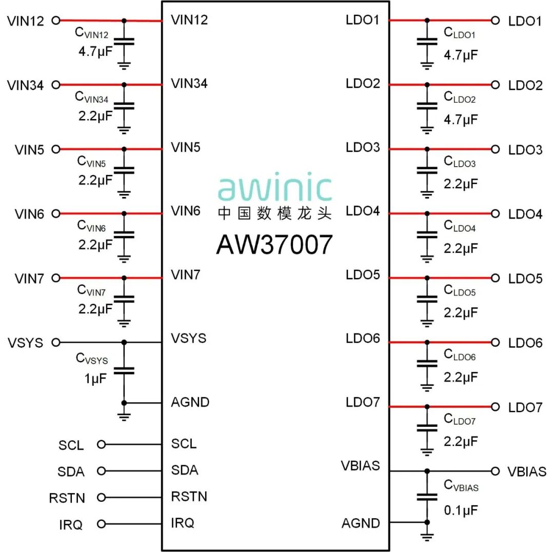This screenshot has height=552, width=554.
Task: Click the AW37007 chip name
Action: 274,245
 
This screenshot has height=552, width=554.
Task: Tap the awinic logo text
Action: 275,188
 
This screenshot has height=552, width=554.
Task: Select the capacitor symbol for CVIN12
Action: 124,41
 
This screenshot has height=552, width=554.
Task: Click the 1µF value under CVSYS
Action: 96,380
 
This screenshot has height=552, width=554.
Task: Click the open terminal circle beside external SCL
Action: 101,444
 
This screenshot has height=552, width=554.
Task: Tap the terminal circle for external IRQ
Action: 101,524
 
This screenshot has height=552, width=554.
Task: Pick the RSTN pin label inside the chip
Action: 189,497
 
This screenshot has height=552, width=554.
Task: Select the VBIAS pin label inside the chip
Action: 361,466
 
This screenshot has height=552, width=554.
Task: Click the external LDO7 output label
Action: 525,408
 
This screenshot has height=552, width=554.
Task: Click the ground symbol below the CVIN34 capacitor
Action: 124,129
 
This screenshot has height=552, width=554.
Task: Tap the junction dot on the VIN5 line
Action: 124,149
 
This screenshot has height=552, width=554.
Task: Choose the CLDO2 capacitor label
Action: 460,97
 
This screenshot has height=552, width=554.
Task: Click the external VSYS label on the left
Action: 25,343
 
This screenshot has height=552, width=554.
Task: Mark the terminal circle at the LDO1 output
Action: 495,21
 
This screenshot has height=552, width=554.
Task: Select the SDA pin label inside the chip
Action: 185,470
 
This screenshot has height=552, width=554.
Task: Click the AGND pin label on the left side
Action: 190,402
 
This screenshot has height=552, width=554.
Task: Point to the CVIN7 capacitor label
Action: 91,290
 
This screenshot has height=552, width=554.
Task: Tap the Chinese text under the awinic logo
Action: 274,213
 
